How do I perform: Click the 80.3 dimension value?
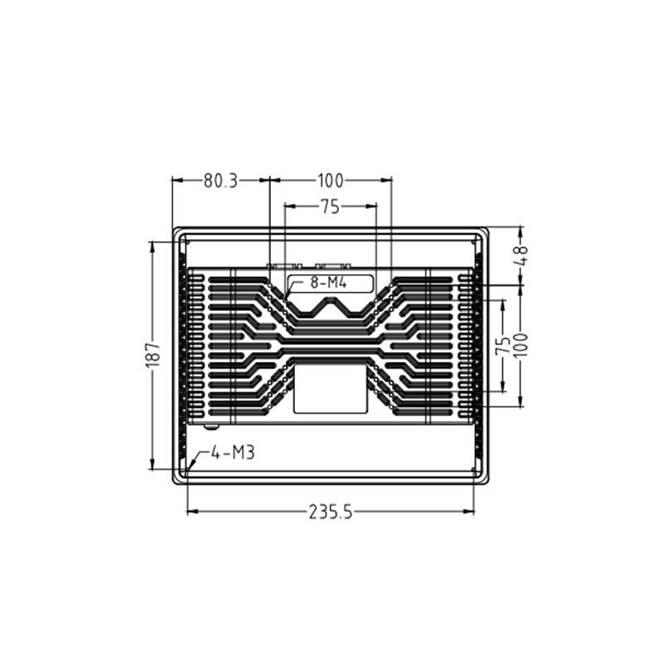(x=220, y=180)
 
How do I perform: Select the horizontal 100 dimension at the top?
(x=330, y=180)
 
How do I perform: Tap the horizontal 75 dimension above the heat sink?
(x=330, y=208)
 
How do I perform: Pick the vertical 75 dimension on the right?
(x=502, y=346)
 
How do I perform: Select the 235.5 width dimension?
(x=331, y=512)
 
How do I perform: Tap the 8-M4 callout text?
(x=327, y=283)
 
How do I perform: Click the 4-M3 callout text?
(x=231, y=452)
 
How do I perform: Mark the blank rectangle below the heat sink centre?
(x=331, y=390)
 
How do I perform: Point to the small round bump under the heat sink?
(x=211, y=426)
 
